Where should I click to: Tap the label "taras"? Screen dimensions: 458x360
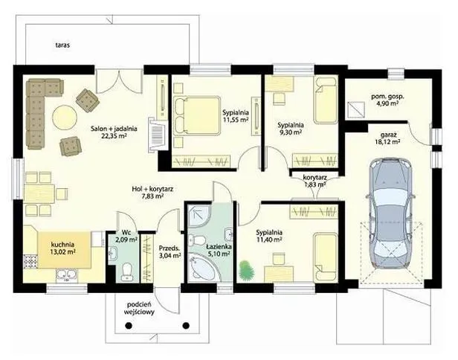click(x=62, y=45)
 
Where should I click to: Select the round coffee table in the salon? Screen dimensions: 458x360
click(x=65, y=118)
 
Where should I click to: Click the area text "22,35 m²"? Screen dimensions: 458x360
click(x=114, y=135)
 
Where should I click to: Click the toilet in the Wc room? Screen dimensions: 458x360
click(x=127, y=273)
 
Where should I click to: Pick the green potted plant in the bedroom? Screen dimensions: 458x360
click(x=247, y=269)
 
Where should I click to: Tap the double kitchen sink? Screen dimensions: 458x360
click(x=67, y=275)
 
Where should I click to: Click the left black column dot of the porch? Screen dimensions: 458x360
click(x=128, y=325)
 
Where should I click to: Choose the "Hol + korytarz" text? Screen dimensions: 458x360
click(x=152, y=189)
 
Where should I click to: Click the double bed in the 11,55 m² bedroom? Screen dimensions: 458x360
click(x=196, y=115)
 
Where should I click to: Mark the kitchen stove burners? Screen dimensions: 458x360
click(x=31, y=262)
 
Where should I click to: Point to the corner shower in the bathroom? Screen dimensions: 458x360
click(x=199, y=216)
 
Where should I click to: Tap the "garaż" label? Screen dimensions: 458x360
click(x=388, y=135)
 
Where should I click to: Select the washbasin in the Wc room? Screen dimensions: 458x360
click(x=113, y=253)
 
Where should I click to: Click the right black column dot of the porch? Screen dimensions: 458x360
click(x=186, y=325)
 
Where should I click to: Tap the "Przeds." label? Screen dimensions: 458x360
click(x=169, y=248)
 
